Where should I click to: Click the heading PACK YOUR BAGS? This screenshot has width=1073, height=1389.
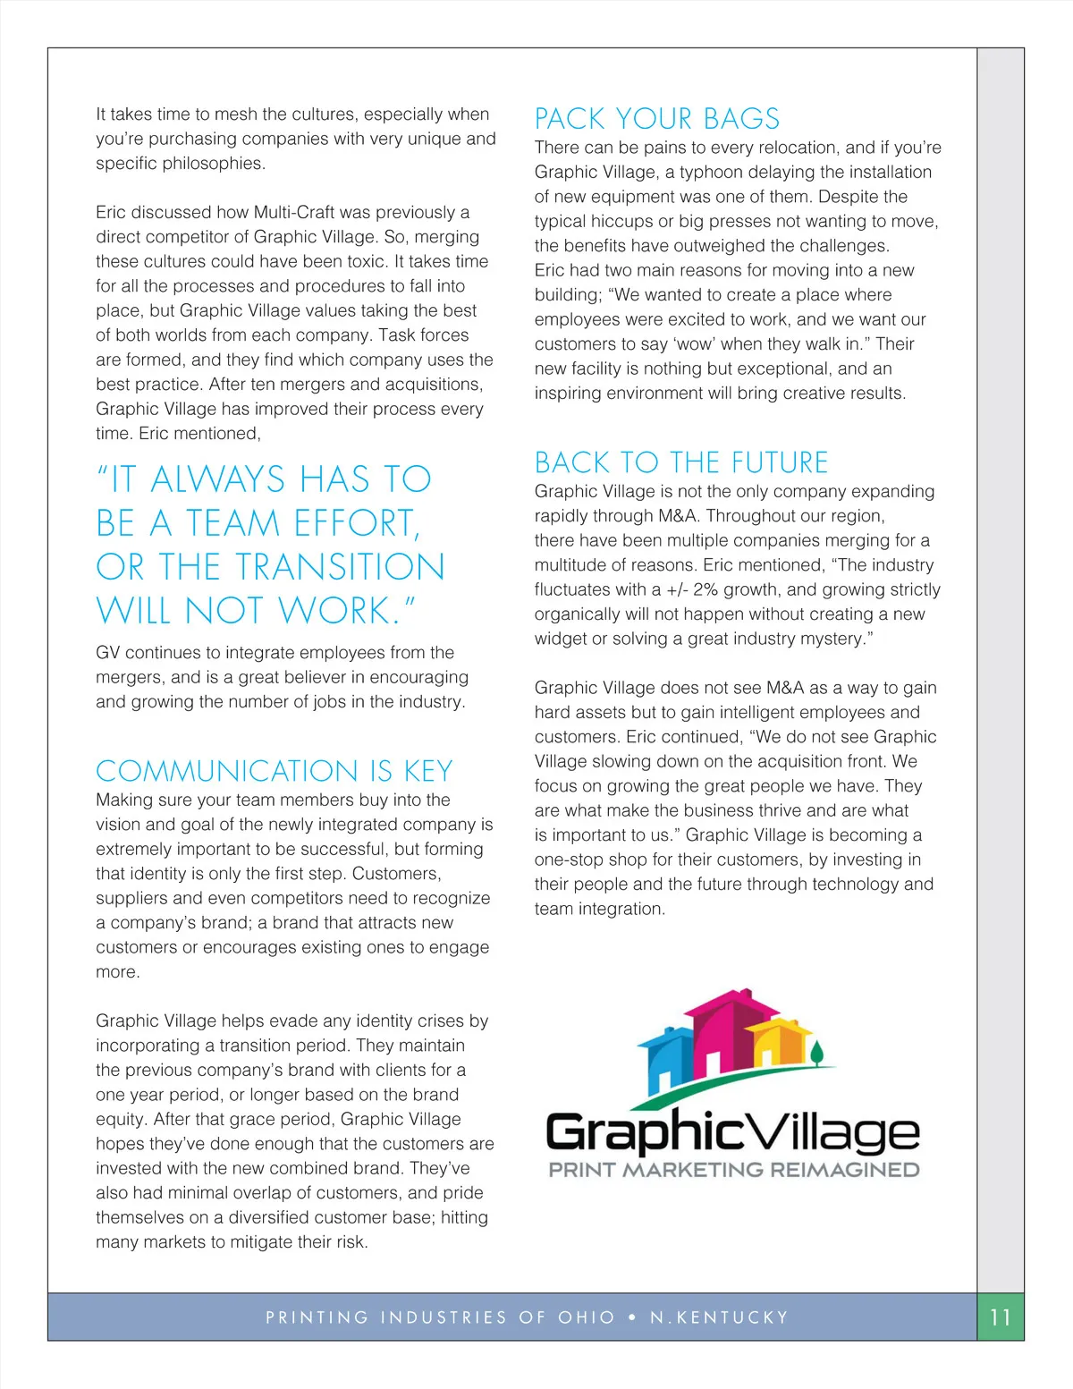[656, 119]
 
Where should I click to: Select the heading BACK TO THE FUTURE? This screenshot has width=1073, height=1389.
[680, 462]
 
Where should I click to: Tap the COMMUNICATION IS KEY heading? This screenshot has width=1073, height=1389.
[274, 771]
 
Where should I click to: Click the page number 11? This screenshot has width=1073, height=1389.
[1000, 1317]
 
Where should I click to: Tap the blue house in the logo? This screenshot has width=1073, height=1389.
[666, 1055]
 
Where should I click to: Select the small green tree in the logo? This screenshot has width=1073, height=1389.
[816, 1052]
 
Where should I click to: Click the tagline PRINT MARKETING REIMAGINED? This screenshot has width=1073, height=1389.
[733, 1170]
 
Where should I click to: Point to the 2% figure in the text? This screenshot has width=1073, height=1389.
[705, 590]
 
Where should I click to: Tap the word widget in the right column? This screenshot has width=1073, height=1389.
[562, 639]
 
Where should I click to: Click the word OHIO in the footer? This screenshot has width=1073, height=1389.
[587, 1317]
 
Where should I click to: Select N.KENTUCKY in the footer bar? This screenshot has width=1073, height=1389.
[719, 1317]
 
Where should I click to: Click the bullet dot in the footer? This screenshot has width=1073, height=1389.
[632, 1317]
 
